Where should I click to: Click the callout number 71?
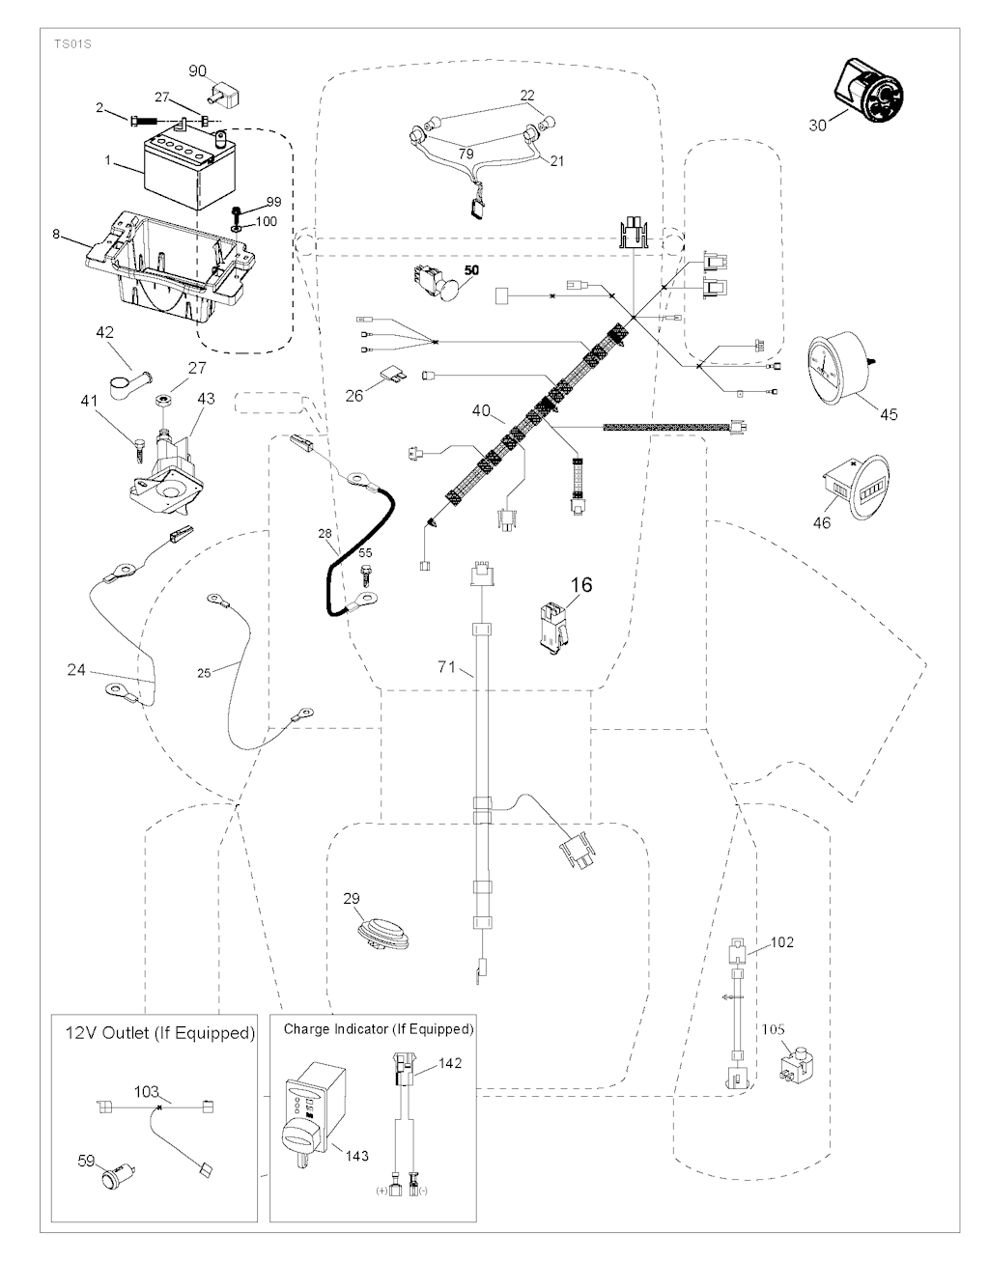[445, 667]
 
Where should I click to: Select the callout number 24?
[77, 668]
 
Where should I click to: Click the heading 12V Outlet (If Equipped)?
[154, 1033]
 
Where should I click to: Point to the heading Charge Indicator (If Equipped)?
[379, 1029]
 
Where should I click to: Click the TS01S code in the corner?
[65, 43]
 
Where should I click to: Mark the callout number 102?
[782, 941]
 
